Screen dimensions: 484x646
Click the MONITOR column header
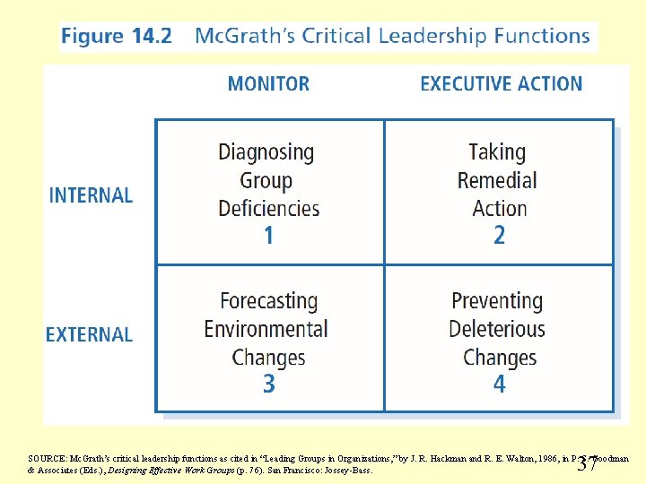[x=268, y=84]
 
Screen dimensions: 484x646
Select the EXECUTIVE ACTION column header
[x=501, y=84]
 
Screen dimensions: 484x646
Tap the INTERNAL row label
[x=91, y=195]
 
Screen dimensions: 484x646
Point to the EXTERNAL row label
[x=89, y=335]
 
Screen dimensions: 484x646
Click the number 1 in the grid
[x=268, y=236]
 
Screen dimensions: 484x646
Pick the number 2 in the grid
[x=499, y=236]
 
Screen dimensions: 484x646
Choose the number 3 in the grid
[x=268, y=385]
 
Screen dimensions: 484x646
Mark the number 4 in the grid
[x=499, y=385]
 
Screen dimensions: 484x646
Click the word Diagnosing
[x=266, y=152]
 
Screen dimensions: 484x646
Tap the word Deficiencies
[x=268, y=209]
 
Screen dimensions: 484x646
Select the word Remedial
[x=497, y=180]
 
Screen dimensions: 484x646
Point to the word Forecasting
[x=268, y=301]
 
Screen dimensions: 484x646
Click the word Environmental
[x=266, y=329]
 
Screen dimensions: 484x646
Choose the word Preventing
[x=497, y=301]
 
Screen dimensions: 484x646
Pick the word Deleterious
[x=497, y=329]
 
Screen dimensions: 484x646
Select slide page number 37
[x=589, y=463]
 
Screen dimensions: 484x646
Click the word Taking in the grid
[x=497, y=152]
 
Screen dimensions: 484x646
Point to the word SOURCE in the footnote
[x=46, y=458]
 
